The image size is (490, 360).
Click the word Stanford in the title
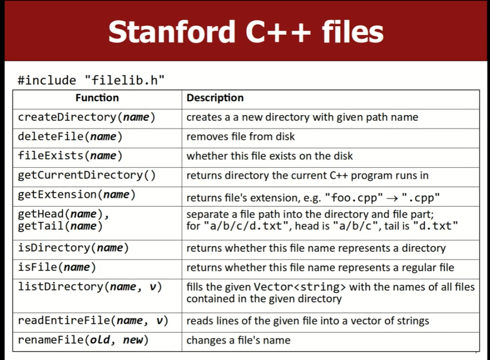tap(171, 32)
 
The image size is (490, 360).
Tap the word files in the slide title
tap(352, 32)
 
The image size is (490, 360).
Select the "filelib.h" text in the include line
tap(125, 80)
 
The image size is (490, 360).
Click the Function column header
tap(97, 98)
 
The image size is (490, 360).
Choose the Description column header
tap(215, 98)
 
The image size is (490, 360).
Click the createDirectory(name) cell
tap(86, 117)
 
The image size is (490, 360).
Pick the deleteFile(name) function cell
tap(70, 137)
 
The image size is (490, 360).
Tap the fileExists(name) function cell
tap(70, 155)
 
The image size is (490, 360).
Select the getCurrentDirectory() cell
tap(86, 175)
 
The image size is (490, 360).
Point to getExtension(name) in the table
tap(77, 195)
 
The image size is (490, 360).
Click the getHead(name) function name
tap(64, 214)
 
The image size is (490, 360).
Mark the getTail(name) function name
tap(60, 226)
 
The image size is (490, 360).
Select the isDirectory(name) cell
tap(73, 248)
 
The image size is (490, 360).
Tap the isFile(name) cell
tap(57, 267)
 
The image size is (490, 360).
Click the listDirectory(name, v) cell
tap(90, 286)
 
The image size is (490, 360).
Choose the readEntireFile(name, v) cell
tap(93, 321)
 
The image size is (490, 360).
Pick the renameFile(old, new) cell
tap(83, 340)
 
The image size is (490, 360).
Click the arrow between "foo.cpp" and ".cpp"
tap(392, 198)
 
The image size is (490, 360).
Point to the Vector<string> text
tap(300, 286)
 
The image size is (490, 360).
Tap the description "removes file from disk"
tap(240, 137)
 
